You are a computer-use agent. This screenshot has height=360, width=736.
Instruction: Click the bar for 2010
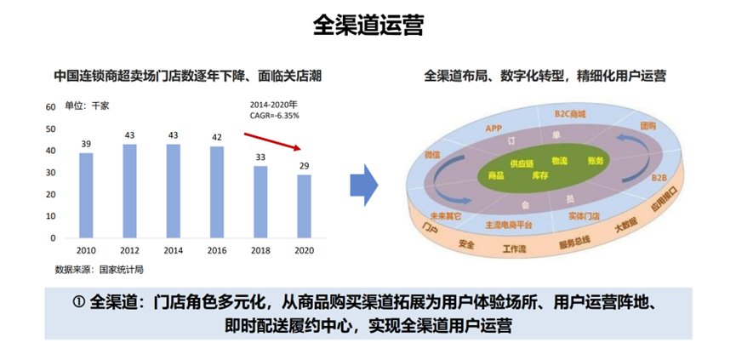[87, 196]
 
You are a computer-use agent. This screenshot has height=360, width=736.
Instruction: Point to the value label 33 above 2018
[261, 157]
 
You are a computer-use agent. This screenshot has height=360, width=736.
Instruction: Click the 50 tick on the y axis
[50, 129]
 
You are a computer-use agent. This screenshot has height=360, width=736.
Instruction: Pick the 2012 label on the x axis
[129, 251]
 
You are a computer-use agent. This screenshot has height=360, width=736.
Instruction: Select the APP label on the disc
[494, 128]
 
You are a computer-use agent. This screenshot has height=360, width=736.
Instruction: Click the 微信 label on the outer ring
[431, 156]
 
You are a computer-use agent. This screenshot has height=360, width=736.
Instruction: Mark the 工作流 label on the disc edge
[516, 249]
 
